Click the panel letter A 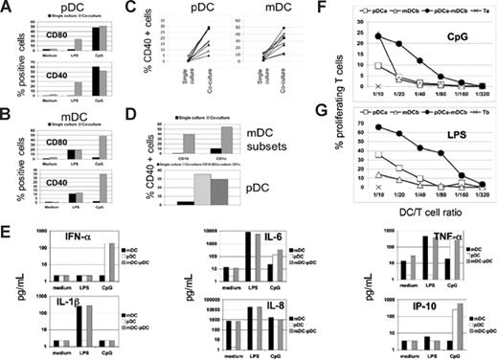pos(7,8)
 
